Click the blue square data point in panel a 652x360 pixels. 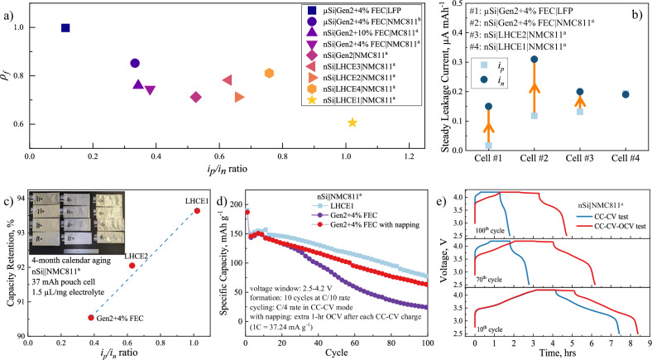(65, 28)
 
